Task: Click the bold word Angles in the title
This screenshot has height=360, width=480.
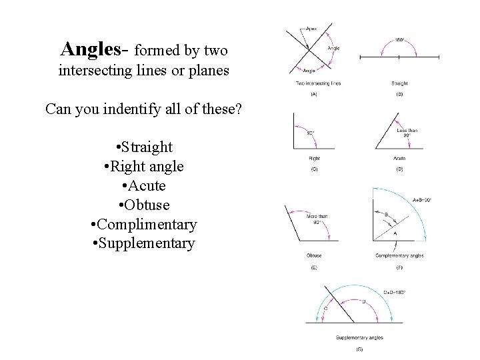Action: [95, 49]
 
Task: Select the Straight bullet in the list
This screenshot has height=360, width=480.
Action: [143, 147]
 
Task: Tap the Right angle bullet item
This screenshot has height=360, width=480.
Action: [143, 166]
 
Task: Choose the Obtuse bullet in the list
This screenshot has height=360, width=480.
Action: [143, 205]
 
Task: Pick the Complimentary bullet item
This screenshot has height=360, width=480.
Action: [143, 224]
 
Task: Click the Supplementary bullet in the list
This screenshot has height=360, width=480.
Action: [143, 243]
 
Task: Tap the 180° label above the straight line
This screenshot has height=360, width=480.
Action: [399, 40]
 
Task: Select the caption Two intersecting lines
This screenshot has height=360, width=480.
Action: [317, 84]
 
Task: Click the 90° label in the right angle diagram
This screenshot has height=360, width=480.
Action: [311, 133]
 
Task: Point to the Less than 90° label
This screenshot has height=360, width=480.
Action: [407, 133]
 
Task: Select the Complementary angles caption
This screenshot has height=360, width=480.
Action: [399, 255]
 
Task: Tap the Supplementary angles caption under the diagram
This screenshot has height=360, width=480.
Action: [359, 339]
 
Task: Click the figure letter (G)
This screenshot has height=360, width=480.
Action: [360, 349]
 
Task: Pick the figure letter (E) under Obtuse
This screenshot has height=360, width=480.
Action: [314, 267]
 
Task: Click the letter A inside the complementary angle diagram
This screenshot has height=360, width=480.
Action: [395, 234]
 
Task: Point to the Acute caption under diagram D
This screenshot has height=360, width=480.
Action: [399, 159]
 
